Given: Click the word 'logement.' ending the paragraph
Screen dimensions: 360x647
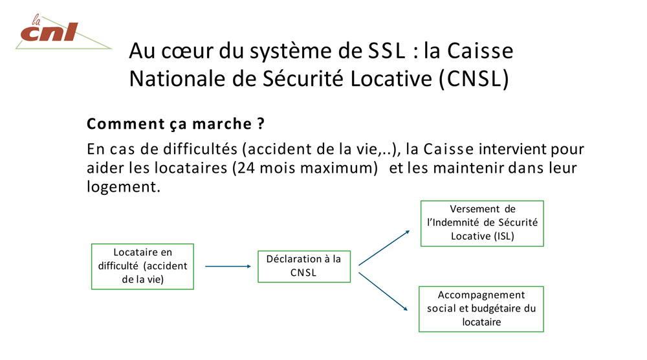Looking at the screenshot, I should click(122, 187).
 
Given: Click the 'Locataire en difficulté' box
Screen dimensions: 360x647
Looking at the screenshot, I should click(142, 266).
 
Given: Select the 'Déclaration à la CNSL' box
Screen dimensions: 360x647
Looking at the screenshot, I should click(303, 266).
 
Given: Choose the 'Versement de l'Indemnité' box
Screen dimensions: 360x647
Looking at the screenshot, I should click(482, 223).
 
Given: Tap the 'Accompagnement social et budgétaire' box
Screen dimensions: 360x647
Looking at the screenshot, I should click(481, 308).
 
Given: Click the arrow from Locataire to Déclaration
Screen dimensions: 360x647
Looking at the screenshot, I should click(227, 266).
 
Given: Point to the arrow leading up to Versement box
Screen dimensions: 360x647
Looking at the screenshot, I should click(384, 247).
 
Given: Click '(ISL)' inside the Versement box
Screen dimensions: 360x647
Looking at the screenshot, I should click(502, 236).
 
